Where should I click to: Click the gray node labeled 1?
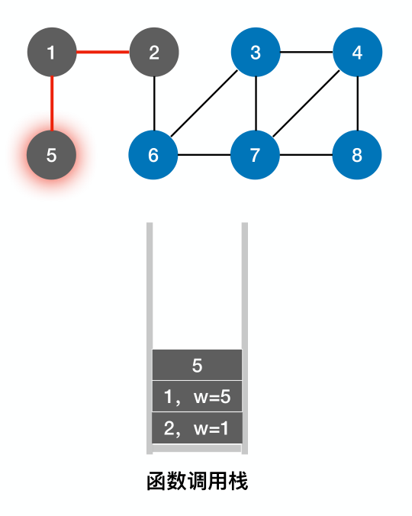click(51, 53)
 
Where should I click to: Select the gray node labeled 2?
click(154, 53)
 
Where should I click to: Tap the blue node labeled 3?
click(256, 53)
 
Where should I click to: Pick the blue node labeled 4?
click(358, 53)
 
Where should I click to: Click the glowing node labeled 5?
click(51, 155)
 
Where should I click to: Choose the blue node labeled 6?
click(153, 155)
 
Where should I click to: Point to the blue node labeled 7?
click(256, 155)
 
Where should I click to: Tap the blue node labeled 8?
click(358, 155)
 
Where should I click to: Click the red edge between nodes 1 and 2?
click(102, 53)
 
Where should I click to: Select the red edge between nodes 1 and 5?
click(51, 104)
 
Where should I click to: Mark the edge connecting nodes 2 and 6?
click(154, 104)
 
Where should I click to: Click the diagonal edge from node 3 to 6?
click(204, 104)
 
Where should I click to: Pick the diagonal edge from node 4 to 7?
click(307, 104)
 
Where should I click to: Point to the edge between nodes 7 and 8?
click(307, 155)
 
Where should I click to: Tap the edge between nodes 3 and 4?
click(307, 53)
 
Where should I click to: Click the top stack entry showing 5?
click(197, 365)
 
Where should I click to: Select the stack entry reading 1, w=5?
click(197, 396)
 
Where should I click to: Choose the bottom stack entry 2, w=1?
click(197, 427)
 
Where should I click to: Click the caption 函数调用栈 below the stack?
click(197, 482)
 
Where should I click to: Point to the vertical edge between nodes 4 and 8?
click(358, 104)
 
